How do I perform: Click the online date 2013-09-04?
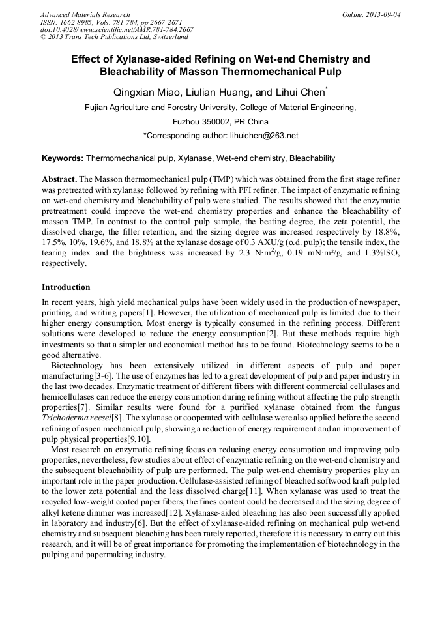click(384, 14)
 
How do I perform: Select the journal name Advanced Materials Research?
click(85, 14)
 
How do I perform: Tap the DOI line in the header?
click(117, 30)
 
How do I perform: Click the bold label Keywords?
click(63, 158)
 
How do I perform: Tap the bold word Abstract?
click(59, 179)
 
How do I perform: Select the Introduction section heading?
click(66, 287)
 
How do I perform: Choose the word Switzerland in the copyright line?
click(160, 38)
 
